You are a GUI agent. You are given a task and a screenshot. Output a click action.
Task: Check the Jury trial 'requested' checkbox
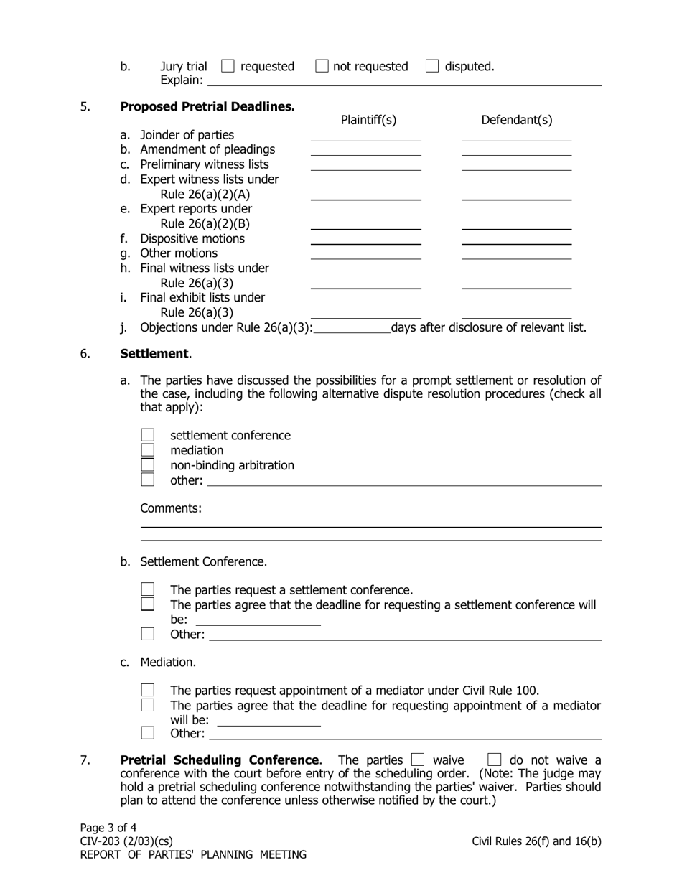[228, 66]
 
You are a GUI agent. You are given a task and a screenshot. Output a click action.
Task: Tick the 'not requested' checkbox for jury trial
[322, 66]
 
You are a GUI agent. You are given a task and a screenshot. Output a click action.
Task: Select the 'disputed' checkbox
[432, 66]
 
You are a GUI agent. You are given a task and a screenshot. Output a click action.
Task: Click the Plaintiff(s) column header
[368, 121]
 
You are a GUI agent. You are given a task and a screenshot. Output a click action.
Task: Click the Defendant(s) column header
[516, 121]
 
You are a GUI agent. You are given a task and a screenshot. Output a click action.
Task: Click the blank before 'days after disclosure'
[352, 328]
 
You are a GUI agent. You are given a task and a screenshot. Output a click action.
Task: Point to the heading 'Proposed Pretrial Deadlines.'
[207, 107]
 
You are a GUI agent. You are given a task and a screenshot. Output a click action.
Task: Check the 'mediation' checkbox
[148, 450]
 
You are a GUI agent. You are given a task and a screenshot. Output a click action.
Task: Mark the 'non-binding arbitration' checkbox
[148, 465]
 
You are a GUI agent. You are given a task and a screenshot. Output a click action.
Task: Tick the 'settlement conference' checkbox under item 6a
[148, 435]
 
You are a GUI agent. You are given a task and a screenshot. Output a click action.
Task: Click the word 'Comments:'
[171, 508]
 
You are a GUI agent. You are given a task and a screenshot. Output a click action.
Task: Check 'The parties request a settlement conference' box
[148, 589]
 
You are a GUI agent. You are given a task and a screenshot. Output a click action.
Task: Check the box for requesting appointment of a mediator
[148, 690]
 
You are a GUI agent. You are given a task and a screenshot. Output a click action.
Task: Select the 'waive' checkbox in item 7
[418, 760]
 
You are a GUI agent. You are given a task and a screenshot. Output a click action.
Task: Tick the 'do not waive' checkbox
[494, 760]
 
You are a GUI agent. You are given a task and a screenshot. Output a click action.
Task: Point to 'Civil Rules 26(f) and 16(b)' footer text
[536, 841]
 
